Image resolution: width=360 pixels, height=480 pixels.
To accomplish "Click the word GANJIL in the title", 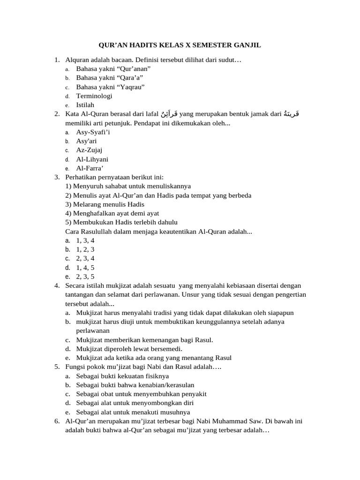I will click(x=247, y=45).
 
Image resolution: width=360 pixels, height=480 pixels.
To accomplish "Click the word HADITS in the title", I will click(x=151, y=45).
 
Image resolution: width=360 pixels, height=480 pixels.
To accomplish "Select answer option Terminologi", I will click(x=94, y=96).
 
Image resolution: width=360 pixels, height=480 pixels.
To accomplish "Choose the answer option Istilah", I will click(x=85, y=105).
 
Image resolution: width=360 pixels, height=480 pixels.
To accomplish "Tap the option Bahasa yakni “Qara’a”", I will click(x=110, y=77).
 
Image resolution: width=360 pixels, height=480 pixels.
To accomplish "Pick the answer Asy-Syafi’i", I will click(x=93, y=132).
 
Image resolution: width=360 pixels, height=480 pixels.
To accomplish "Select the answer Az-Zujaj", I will click(x=89, y=150).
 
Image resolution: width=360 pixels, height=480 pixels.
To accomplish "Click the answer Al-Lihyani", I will click(x=92, y=159).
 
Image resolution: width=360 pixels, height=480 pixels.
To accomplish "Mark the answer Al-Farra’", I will click(x=90, y=168).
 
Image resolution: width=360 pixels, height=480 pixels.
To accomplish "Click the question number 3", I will click(x=57, y=177).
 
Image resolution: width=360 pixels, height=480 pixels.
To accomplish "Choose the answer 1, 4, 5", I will click(x=85, y=268).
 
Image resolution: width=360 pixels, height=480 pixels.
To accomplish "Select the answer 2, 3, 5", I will click(x=85, y=277).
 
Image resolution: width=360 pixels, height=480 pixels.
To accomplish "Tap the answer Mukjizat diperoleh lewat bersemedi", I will click(x=129, y=349).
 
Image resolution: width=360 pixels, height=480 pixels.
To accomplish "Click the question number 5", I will click(x=57, y=367).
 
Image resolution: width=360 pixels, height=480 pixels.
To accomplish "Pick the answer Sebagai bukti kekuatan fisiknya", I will click(x=122, y=376).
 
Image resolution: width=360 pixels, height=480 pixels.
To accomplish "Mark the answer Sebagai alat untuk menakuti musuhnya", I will click(x=133, y=412).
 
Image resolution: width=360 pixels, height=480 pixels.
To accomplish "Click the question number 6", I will click(x=57, y=421).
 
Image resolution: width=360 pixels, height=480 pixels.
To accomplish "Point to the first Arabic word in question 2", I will click(x=168, y=113).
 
